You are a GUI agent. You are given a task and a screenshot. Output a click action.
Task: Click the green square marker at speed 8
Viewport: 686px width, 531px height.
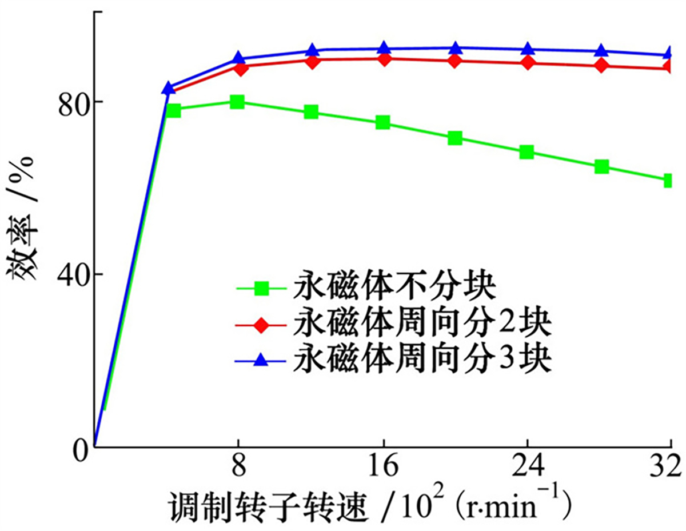[238, 102]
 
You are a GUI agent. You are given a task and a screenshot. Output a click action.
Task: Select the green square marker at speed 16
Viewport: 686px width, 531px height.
[383, 122]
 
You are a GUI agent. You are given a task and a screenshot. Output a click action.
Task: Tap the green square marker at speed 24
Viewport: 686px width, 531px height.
[527, 152]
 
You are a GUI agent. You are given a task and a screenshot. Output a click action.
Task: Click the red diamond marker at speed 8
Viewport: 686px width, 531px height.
[241, 68]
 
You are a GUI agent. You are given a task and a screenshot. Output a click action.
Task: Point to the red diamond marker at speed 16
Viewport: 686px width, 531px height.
[384, 59]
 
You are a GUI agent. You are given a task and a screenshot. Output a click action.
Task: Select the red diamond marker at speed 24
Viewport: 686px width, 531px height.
[528, 62]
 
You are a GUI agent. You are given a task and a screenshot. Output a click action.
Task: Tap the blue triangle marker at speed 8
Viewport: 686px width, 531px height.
[239, 59]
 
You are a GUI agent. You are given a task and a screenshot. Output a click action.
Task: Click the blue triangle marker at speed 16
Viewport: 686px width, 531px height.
[384, 49]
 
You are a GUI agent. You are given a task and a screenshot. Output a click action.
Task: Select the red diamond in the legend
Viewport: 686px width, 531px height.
[261, 325]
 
